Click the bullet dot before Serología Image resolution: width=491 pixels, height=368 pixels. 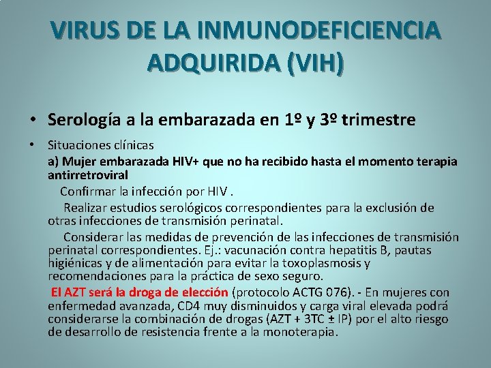33,121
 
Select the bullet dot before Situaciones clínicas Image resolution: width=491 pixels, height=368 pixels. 33,145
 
